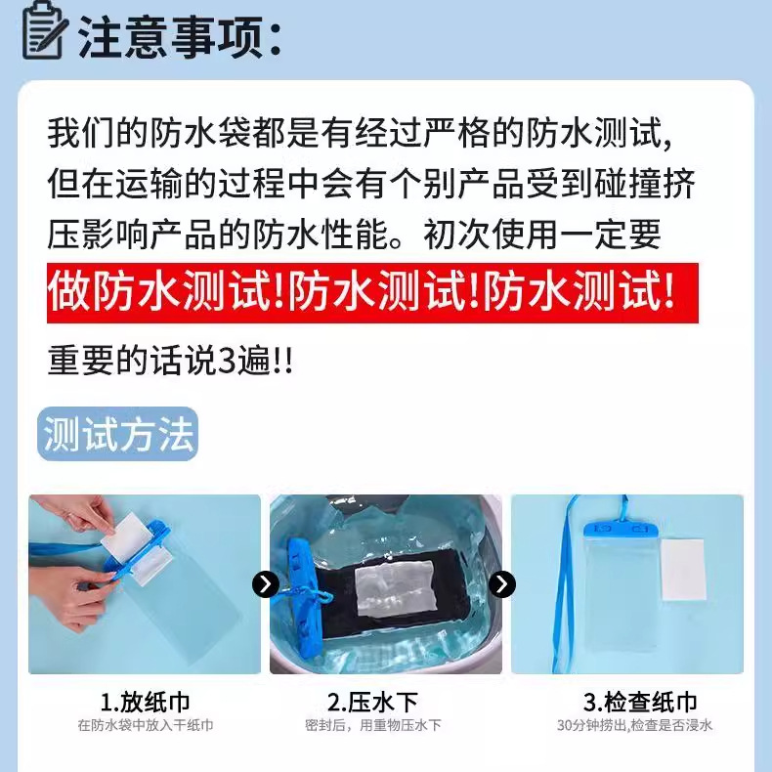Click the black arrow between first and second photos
[265, 584]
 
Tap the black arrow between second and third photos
[501, 584]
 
